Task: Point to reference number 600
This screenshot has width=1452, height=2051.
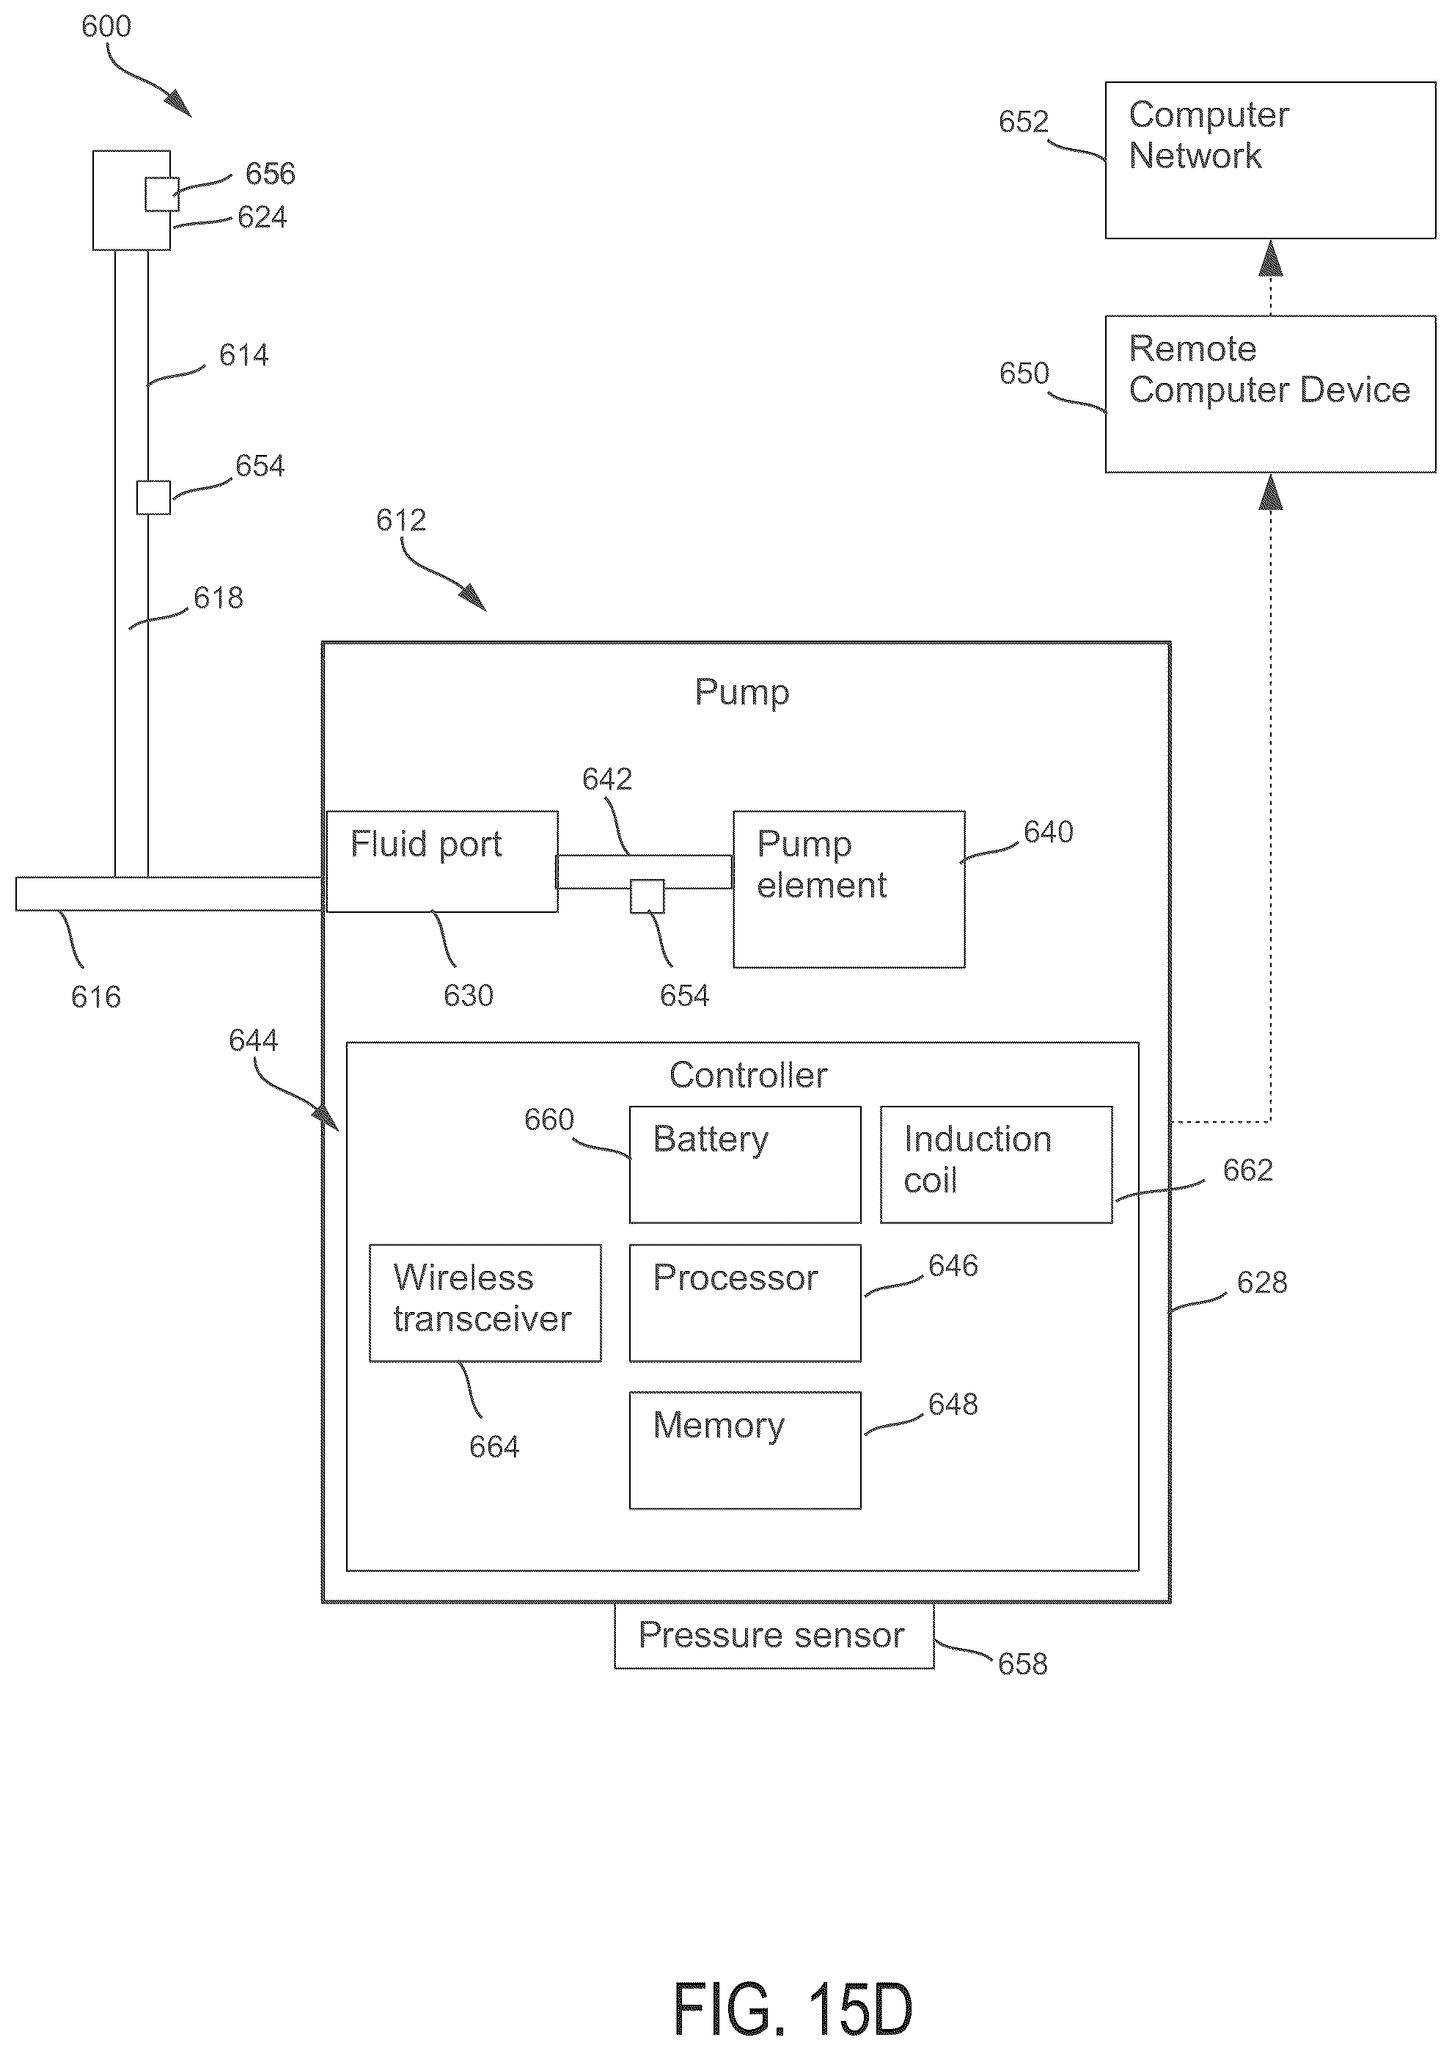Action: [106, 26]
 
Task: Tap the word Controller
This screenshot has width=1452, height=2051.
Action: [748, 1075]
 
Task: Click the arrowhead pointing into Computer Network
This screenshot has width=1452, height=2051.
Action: [1270, 258]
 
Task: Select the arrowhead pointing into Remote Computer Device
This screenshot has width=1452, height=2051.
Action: [1270, 492]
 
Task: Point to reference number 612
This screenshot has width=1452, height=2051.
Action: [400, 520]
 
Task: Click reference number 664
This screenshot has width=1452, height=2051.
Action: [494, 1446]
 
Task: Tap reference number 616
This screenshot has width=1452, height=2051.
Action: [95, 997]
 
